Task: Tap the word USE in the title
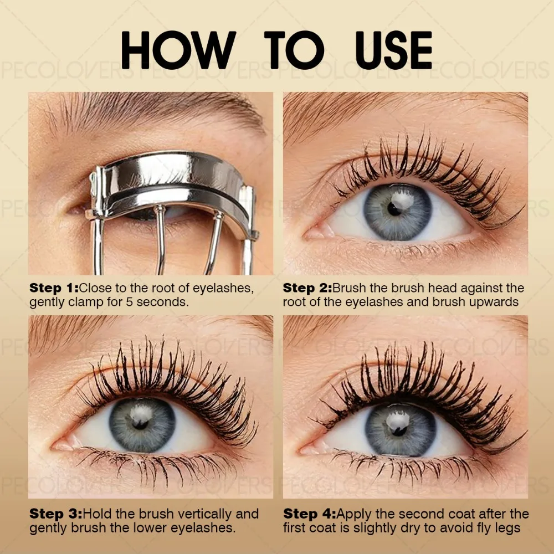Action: pyautogui.click(x=386, y=50)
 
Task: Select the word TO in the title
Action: pyautogui.click(x=293, y=50)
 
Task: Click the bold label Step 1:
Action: pyautogui.click(x=54, y=288)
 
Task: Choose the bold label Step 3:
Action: pyautogui.click(x=55, y=514)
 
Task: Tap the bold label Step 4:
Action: pyautogui.click(x=309, y=514)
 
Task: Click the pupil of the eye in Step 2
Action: pyautogui.click(x=394, y=209)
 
